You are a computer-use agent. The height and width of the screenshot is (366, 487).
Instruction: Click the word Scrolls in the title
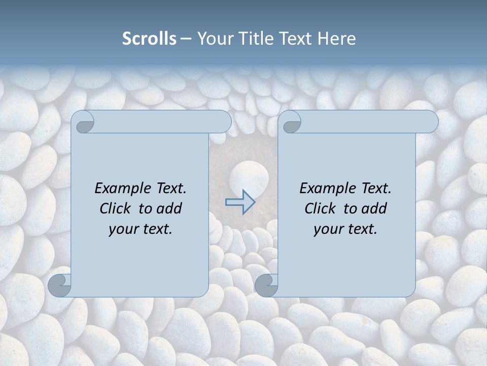149,39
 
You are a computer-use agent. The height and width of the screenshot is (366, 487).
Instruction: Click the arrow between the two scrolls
240,202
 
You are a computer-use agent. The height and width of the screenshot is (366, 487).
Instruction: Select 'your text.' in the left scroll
141,229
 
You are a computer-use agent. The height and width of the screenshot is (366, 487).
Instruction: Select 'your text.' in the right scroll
345,229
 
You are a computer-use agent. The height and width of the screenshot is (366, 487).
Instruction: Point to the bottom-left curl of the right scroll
267,285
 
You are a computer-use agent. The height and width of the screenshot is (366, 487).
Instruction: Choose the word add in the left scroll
169,208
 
